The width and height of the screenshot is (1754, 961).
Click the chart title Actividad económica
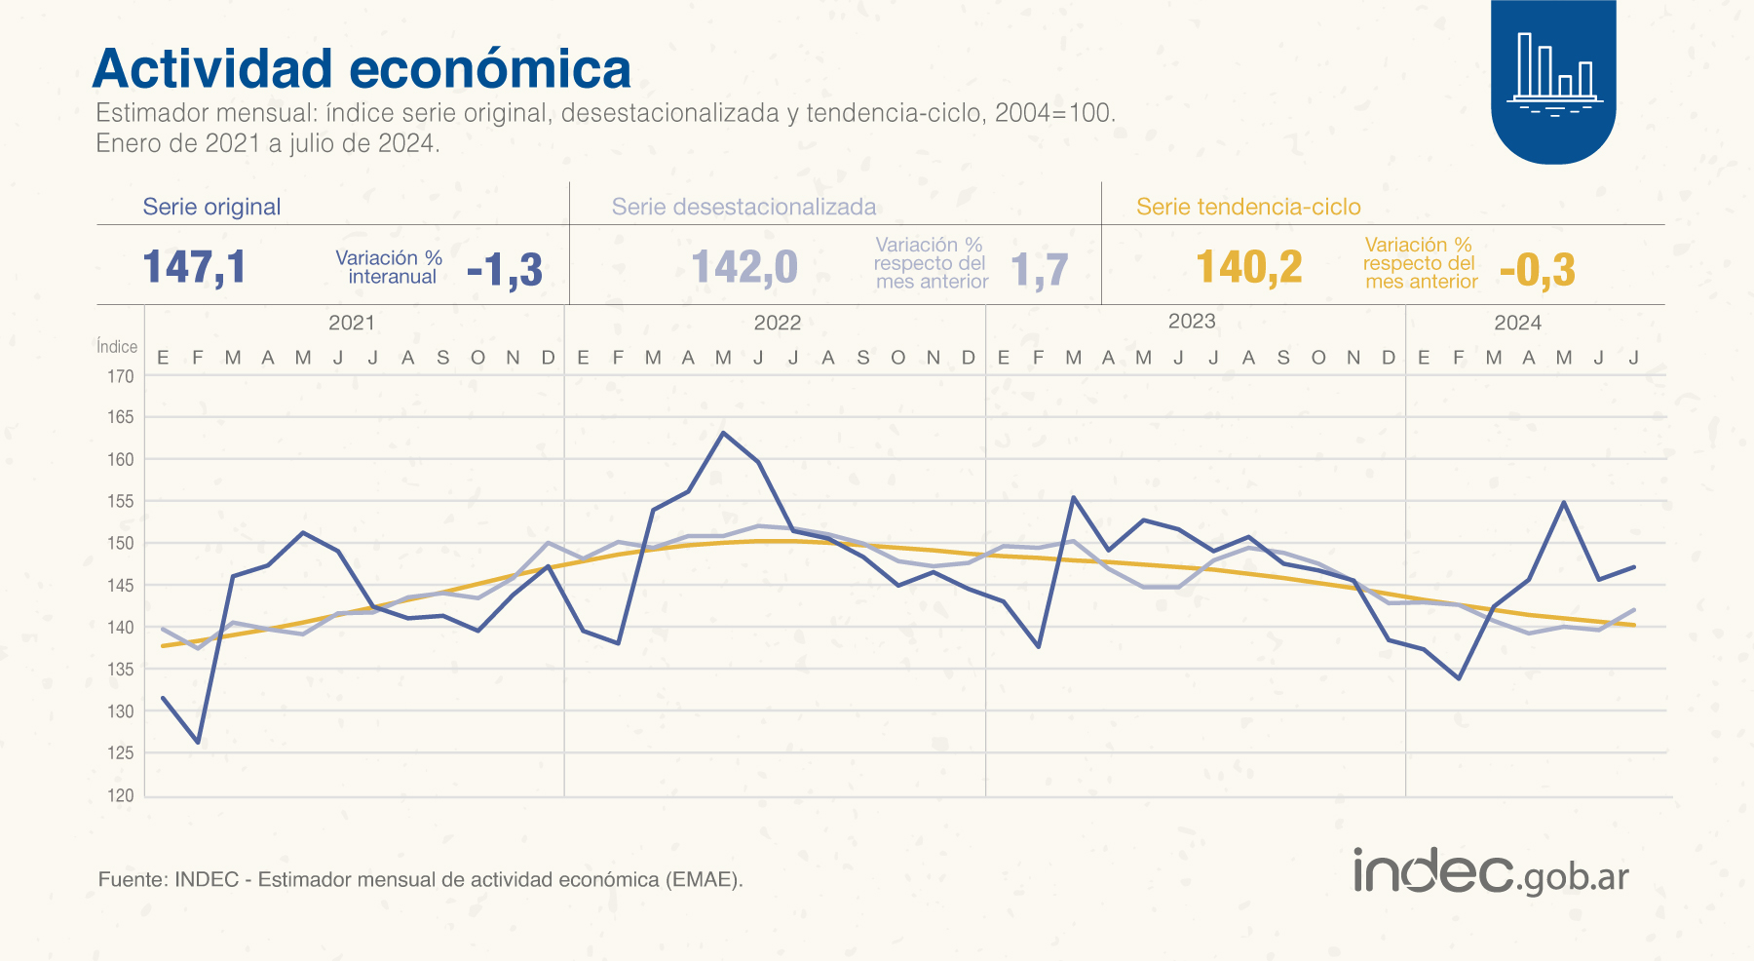coord(362,69)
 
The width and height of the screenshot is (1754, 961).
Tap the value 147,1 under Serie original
coord(195,267)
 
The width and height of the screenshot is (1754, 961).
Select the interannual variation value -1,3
coord(504,270)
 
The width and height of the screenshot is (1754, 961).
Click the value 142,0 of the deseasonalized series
coord(744,267)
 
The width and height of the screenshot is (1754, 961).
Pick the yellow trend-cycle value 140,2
coord(1248,267)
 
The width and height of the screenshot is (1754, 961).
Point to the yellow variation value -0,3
coord(1537,270)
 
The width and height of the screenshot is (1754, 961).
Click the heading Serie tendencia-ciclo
coord(1248,207)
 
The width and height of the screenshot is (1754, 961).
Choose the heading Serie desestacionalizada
coord(744,207)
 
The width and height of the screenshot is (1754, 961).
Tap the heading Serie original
coord(211,207)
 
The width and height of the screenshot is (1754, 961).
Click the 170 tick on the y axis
coord(121,376)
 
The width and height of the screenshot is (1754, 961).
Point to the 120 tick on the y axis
coord(121,795)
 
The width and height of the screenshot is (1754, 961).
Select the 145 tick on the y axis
coord(121,586)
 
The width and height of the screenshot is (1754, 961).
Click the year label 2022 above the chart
coord(777,323)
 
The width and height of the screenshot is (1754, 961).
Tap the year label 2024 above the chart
coord(1517,323)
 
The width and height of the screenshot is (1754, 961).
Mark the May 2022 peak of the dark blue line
coord(723,432)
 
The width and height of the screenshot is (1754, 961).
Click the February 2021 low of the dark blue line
coord(198,743)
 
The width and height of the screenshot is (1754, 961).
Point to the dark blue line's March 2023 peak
coord(1073,497)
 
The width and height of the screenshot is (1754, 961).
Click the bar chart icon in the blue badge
coord(1553,73)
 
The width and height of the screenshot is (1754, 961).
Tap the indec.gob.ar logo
coord(1490,871)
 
